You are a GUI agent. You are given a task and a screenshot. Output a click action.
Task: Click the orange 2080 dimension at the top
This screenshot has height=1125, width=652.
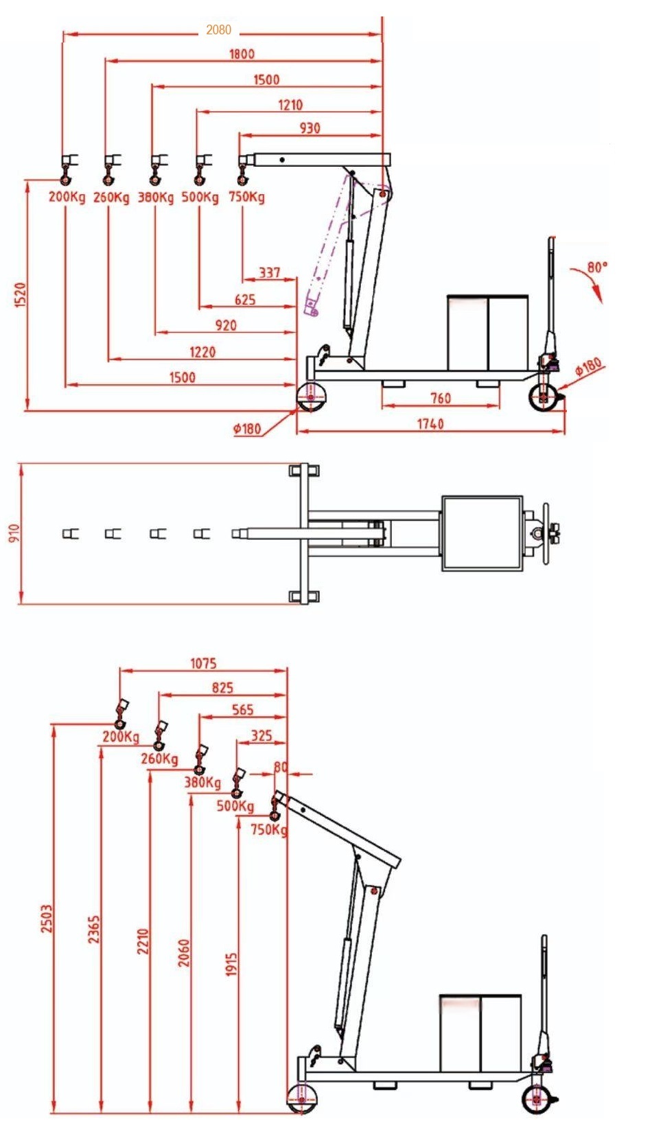tap(218, 29)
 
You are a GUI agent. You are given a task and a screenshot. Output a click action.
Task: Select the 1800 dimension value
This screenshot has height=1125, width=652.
tap(242, 54)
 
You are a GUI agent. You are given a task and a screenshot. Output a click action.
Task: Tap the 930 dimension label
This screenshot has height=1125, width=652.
tap(310, 128)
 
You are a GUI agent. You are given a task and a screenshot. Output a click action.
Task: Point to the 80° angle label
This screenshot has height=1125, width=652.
tap(597, 267)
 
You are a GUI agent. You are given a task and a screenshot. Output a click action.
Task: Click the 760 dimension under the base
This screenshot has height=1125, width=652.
tap(440, 398)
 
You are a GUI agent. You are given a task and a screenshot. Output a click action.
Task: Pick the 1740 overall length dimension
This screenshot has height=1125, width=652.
tap(430, 424)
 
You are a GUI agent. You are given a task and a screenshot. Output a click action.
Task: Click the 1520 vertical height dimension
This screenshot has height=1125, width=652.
tap(20, 295)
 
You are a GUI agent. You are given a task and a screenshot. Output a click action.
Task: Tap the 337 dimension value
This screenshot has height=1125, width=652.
tap(269, 273)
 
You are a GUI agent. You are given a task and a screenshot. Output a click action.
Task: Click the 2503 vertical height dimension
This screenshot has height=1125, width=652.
tap(46, 918)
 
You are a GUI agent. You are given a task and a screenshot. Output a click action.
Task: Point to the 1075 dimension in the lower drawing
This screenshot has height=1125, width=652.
tap(203, 663)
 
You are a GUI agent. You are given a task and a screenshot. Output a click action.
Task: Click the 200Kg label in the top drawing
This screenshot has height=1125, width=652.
tap(67, 198)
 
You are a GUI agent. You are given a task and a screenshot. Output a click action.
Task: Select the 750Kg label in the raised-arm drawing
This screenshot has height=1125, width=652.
tap(268, 829)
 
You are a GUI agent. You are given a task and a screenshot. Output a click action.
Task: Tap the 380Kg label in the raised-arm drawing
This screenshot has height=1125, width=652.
tap(202, 783)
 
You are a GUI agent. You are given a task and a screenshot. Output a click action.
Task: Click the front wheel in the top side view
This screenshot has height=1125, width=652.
tap(311, 397)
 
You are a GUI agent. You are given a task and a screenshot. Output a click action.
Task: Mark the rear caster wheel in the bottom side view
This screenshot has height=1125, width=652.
tap(537, 1100)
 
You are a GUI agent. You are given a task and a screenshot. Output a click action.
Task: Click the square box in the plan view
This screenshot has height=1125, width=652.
tap(482, 533)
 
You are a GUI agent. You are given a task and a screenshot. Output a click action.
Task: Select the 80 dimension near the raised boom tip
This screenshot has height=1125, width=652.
tap(280, 767)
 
